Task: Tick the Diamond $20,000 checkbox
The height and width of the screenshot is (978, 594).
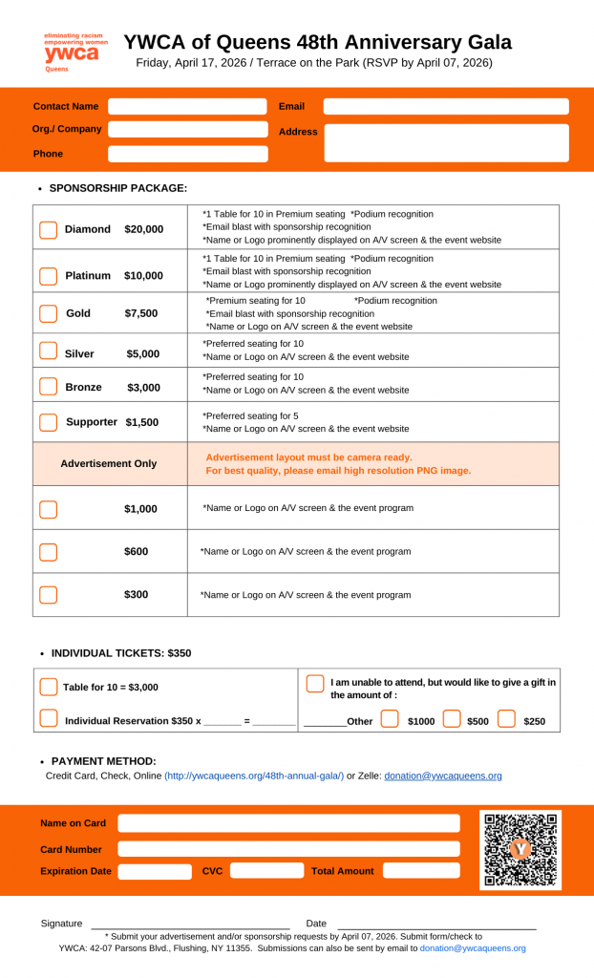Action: pos(48,229)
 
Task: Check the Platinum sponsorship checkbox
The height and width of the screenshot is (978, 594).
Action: pos(48,276)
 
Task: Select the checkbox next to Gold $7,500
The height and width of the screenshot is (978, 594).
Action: pos(48,313)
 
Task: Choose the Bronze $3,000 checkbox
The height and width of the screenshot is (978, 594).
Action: pos(48,387)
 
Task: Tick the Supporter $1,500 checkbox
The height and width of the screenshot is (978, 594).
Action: pos(48,421)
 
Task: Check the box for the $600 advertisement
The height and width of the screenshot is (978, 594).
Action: pos(48,552)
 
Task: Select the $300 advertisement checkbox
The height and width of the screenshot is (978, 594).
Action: pos(48,595)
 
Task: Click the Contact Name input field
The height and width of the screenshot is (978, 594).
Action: pos(187,106)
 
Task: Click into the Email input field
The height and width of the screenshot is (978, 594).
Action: pos(445,106)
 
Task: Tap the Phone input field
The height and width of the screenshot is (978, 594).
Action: pos(187,154)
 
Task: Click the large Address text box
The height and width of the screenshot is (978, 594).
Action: pos(446,142)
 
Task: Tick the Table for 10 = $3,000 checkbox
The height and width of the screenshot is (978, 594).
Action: pos(49,687)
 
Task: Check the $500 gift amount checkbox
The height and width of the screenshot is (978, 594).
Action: pos(452,719)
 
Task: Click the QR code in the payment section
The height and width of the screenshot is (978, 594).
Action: pos(520,849)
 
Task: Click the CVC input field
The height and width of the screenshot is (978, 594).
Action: pos(266,870)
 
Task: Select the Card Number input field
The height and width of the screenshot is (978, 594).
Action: pos(288,848)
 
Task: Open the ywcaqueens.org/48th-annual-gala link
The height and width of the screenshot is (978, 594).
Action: pos(254,776)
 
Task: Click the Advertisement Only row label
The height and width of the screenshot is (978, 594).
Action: pos(109,463)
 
